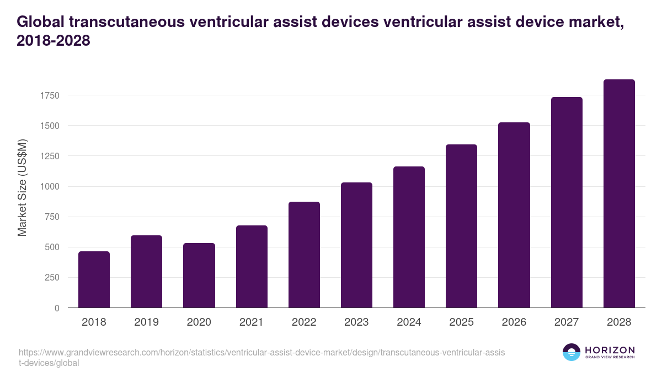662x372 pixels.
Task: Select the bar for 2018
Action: [x=94, y=279]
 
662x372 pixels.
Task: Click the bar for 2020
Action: [x=199, y=276]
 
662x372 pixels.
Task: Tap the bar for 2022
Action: [x=304, y=255]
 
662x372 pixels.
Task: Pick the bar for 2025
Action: [x=461, y=226]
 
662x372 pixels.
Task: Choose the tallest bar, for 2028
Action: [x=619, y=193]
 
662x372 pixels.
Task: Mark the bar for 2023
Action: [x=356, y=245]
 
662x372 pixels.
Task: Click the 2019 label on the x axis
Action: [x=146, y=322]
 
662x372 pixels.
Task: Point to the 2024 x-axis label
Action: [x=409, y=322]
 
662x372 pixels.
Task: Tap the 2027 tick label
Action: [x=567, y=322]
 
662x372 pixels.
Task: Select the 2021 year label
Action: [x=251, y=322]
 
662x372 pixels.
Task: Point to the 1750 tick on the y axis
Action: [x=49, y=95]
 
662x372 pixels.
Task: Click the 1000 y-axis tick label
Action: [x=49, y=186]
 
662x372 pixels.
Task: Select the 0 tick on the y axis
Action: [x=56, y=308]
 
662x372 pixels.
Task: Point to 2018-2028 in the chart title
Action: [x=53, y=41]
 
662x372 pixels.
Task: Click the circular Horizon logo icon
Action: [x=572, y=352]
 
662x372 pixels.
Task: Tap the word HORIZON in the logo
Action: [x=610, y=350]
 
